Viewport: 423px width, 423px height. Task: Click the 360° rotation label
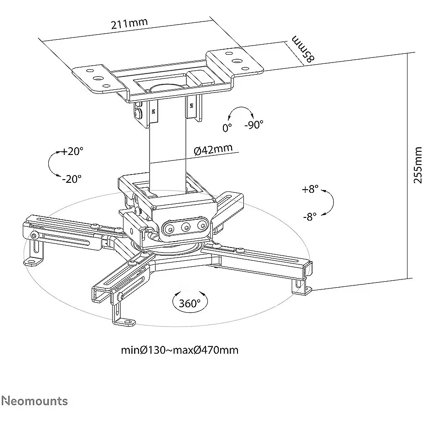189,303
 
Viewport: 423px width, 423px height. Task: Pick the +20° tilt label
72,151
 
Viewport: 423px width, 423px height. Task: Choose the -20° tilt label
72,179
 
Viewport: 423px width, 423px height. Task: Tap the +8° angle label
310,190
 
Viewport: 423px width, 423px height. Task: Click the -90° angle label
253,124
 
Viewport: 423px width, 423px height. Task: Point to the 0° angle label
227,128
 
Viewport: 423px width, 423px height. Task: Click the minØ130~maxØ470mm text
179,350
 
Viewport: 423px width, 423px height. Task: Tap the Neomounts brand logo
34,401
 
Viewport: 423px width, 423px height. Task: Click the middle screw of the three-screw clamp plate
186,227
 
